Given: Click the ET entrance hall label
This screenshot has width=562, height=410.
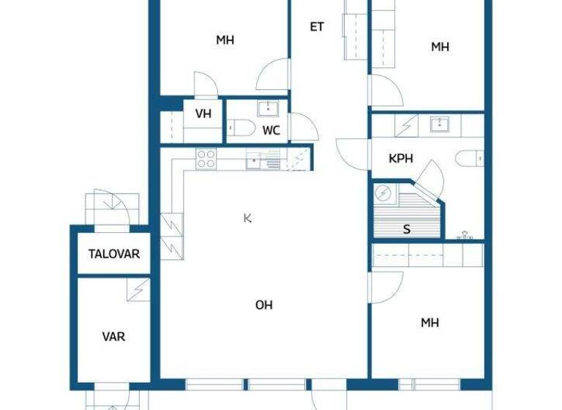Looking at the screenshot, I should [x=316, y=27].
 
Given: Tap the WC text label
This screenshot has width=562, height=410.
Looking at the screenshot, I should [x=271, y=131].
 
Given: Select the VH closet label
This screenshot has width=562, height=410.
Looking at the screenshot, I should [x=203, y=114].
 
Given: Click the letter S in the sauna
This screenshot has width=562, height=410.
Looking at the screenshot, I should [x=407, y=229].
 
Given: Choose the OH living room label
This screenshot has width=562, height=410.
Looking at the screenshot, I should [x=263, y=305].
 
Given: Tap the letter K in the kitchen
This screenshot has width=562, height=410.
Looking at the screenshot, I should [x=248, y=217].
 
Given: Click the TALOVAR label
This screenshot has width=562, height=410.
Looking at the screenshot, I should [x=114, y=254].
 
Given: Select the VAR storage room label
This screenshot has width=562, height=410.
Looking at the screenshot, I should [x=113, y=337].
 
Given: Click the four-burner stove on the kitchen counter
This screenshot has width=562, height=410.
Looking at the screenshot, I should [x=206, y=159].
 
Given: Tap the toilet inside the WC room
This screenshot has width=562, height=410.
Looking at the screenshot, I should [x=241, y=130].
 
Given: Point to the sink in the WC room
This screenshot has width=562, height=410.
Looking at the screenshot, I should [x=267, y=109].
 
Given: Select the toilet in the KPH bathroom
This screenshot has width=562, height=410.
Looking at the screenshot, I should [x=471, y=157].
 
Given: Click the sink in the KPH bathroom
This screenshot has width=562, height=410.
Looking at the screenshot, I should [x=440, y=123].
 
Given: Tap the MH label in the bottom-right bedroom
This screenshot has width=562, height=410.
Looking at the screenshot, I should [x=430, y=322].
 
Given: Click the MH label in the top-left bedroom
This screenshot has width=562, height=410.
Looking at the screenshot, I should [x=225, y=40].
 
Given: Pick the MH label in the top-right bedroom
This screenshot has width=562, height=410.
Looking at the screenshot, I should [x=440, y=47].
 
